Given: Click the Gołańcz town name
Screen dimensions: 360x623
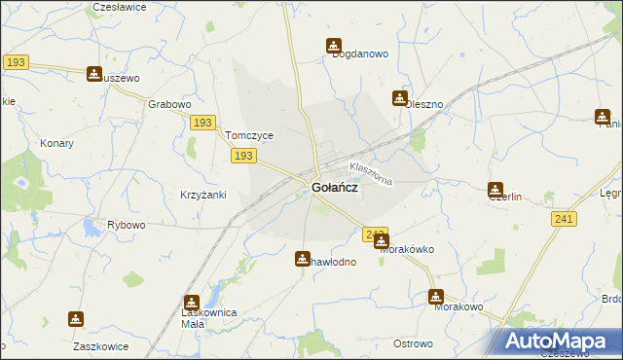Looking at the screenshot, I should (333, 189).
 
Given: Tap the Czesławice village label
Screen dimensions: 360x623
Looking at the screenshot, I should (119, 7).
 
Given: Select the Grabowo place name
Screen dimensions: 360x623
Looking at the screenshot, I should (168, 104).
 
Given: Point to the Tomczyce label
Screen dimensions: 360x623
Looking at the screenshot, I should (249, 136).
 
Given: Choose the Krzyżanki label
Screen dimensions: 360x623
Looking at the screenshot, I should (203, 195).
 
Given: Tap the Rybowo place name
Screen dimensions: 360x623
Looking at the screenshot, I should (126, 225).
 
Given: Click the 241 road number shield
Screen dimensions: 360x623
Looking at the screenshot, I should (560, 221).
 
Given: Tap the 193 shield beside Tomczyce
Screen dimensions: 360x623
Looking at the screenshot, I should (244, 156).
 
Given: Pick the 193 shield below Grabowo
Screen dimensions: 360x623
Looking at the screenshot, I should (202, 123).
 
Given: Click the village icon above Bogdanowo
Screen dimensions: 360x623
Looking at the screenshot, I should (334, 45).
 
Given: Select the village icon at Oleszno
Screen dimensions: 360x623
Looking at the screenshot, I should (399, 97).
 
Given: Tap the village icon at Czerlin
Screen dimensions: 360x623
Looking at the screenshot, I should (495, 190).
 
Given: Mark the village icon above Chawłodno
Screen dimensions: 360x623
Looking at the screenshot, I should (303, 258).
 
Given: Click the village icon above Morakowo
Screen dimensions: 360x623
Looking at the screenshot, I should (436, 297).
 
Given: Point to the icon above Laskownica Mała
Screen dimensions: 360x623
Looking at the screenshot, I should (192, 303).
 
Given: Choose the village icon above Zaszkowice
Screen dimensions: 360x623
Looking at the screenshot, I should (76, 318).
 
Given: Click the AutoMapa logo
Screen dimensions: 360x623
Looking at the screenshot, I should (561, 341).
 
